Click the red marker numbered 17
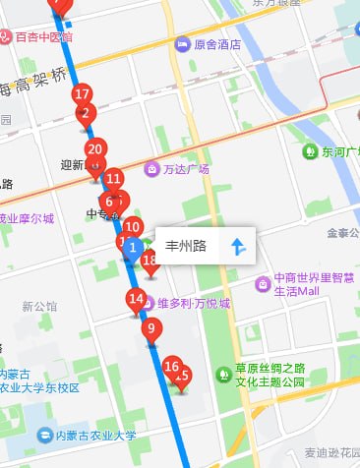coord(83,94)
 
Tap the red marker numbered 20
coord(94,150)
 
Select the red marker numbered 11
coord(113,179)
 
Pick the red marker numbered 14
coord(136,299)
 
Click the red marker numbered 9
coord(150,329)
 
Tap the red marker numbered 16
coord(172,368)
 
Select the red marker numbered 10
coord(132,227)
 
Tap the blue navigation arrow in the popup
coord(237,246)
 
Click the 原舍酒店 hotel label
coord(217,44)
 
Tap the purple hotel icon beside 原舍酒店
coord(182,44)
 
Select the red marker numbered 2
coord(86,112)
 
